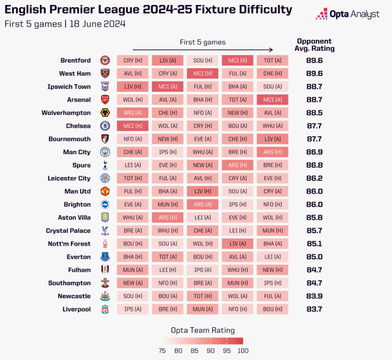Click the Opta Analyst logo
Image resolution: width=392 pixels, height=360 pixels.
347,14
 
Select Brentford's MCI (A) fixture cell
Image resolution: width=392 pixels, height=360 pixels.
237,60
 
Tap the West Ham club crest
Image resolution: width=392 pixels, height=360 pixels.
105,73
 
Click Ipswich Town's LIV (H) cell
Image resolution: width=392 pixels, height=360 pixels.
132,86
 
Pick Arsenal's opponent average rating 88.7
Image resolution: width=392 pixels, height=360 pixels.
314,100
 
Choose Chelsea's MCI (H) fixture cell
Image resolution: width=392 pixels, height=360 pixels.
132,126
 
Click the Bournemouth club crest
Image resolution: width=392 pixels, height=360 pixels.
105,139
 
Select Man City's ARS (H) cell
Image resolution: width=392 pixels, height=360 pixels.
272,152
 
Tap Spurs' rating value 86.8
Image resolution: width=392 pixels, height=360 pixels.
314,165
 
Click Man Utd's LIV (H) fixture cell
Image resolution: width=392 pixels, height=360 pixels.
203,192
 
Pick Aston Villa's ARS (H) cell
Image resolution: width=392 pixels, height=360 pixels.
167,218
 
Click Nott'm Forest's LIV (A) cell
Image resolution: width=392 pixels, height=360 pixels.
237,244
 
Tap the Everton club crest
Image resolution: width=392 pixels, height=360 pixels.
105,257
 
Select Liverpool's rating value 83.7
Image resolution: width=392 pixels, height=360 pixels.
314,309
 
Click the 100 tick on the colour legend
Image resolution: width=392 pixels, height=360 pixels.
242,350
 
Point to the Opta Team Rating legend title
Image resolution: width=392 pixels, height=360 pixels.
203,330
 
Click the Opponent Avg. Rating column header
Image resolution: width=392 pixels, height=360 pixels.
314,45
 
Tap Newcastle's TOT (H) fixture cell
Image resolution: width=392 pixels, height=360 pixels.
203,296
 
